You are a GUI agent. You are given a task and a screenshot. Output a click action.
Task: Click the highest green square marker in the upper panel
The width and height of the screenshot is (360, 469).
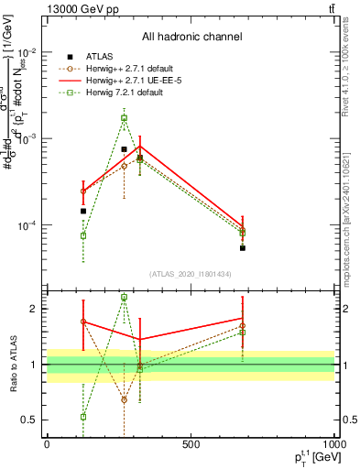coord(124,117)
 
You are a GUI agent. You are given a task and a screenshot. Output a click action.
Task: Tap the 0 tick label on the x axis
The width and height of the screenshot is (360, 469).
coord(47,444)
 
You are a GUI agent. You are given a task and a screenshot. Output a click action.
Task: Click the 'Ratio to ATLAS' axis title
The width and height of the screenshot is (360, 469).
coord(14,365)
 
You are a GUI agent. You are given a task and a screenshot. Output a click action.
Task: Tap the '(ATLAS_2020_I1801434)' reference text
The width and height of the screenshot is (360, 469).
coord(191,274)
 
